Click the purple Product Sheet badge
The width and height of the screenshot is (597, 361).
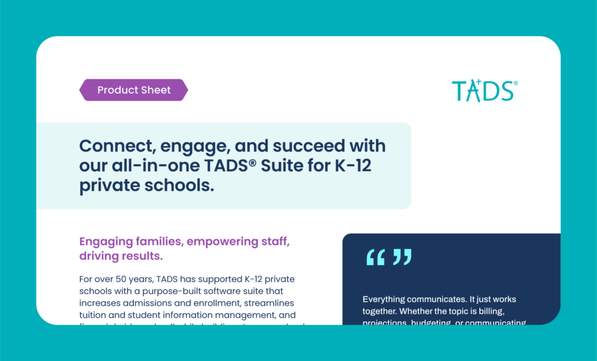(x=133, y=90)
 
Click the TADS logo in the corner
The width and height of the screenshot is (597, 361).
(x=484, y=91)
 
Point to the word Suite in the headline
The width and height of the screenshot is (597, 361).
(x=284, y=166)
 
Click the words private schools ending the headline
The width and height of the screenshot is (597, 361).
(x=146, y=186)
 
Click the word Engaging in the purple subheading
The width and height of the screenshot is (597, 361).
(x=108, y=242)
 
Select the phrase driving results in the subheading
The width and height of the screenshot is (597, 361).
(x=121, y=256)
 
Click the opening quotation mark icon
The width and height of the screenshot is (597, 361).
(x=375, y=257)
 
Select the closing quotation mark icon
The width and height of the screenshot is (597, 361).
(x=402, y=257)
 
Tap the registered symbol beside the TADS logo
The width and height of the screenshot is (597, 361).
(x=516, y=83)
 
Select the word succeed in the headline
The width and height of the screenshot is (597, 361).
(x=309, y=146)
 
